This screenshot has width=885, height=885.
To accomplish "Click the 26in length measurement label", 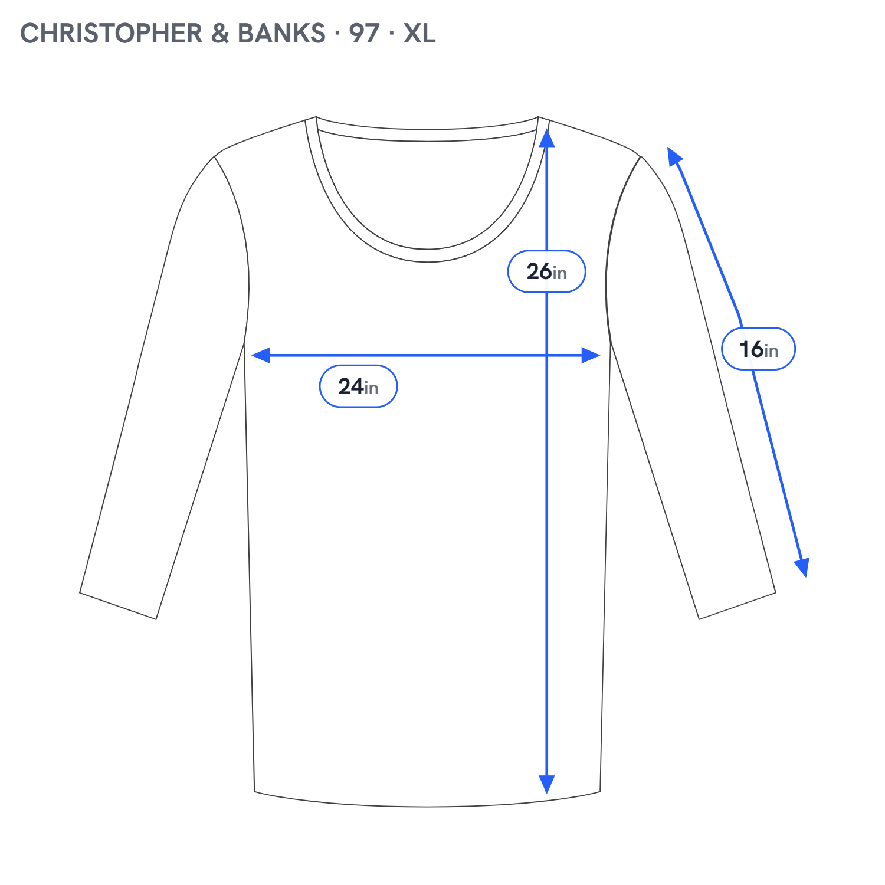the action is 546,271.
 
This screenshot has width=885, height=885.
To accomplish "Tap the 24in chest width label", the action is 358,386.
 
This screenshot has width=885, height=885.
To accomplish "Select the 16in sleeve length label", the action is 759,349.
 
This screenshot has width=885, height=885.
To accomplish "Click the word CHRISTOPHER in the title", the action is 112,33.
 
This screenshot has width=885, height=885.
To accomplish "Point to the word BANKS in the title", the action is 281,33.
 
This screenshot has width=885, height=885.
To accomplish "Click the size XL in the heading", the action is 419,33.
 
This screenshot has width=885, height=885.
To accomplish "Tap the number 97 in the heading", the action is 364,33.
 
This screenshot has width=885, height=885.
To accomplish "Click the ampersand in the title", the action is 220,33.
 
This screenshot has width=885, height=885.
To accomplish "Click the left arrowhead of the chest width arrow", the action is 261,355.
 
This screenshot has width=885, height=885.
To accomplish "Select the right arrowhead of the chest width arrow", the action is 591,355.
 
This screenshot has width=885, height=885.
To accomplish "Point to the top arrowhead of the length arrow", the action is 547,138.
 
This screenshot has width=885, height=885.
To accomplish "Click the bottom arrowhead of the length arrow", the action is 547,784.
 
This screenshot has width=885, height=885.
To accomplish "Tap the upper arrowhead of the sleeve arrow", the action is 674,156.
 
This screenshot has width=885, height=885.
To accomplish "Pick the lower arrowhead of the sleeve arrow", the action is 802,568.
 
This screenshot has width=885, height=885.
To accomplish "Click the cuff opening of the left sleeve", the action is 118,606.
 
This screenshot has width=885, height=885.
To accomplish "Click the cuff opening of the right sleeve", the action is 737,606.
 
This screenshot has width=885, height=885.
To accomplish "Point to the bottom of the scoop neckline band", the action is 428,255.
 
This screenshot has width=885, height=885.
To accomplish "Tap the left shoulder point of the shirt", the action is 215,156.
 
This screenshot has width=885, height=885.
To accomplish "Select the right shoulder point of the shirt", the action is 641,156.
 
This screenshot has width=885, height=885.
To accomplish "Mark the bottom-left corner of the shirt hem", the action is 254,791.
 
